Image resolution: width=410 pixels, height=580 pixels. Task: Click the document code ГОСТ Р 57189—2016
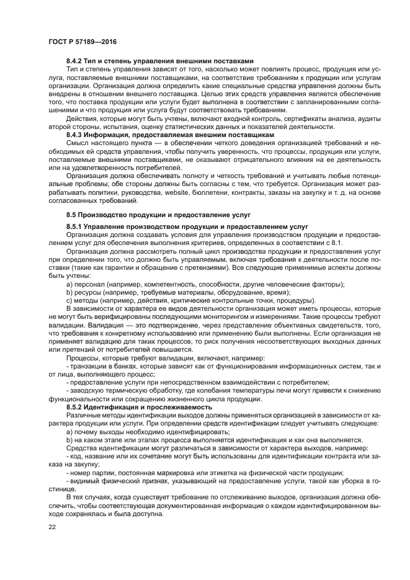(x=82, y=41)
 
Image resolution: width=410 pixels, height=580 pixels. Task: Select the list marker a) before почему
(x=69, y=431)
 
